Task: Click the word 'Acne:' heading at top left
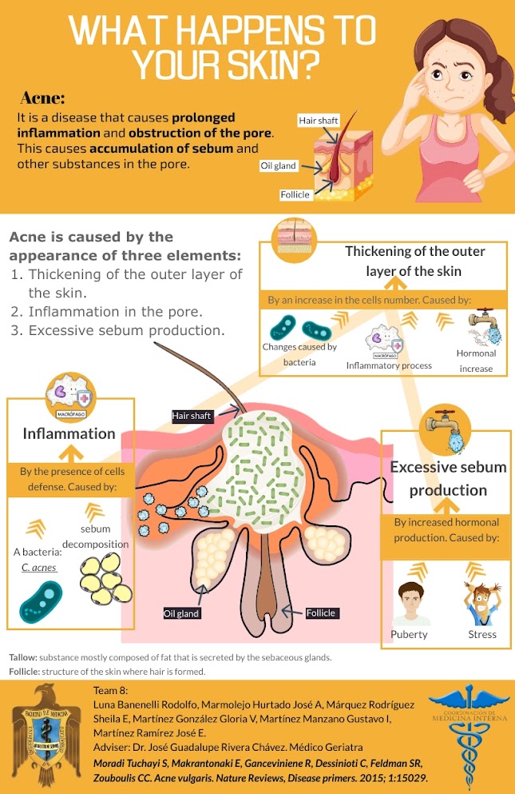42,98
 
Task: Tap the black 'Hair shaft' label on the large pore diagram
192,416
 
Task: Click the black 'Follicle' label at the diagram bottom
321,613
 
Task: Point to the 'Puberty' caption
409,635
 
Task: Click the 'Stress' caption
481,635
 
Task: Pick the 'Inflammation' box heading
69,434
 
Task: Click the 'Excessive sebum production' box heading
447,478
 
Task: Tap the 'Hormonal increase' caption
476,361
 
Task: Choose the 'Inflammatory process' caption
389,365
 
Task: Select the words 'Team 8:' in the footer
111,689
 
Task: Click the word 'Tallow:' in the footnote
22,657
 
